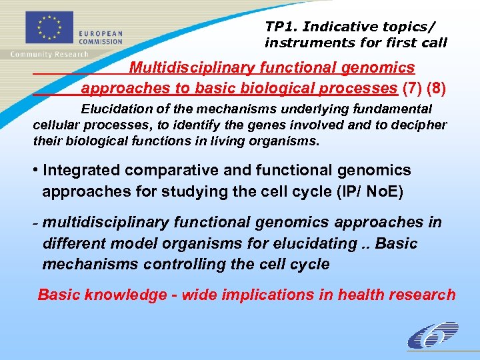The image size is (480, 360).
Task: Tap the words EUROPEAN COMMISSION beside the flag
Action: [x=101, y=37]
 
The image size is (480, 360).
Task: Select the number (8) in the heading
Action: [x=434, y=89]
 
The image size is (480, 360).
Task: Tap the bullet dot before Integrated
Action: [x=36, y=171]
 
